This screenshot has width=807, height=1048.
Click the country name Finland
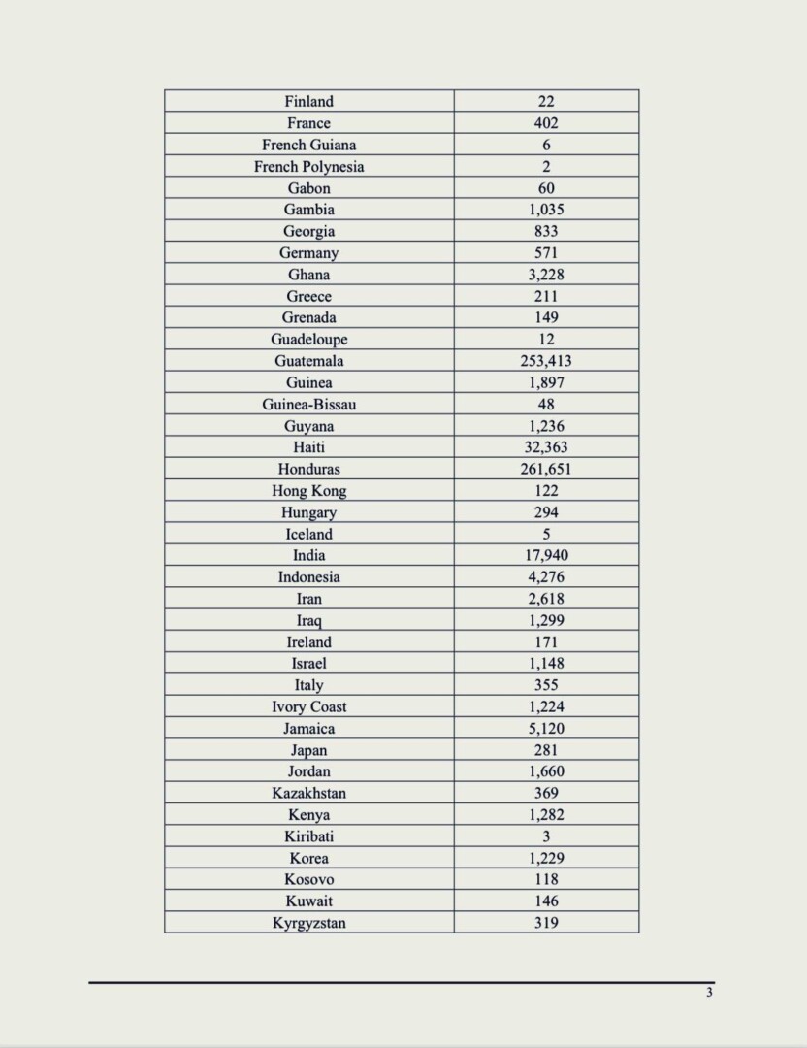[x=308, y=101]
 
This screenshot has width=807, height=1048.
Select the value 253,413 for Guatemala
[x=546, y=361]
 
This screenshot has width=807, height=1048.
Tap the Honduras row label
[x=308, y=469]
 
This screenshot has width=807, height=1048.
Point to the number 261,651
[x=546, y=469]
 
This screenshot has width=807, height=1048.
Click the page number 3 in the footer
[x=709, y=992]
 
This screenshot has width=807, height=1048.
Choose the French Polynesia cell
[x=308, y=166]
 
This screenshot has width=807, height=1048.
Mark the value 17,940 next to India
[x=546, y=555]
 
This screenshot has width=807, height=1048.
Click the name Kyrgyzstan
[x=308, y=923]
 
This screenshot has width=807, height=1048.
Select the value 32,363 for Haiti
[x=546, y=447]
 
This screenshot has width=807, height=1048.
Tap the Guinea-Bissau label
[x=308, y=404]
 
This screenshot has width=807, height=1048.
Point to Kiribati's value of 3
[x=546, y=836]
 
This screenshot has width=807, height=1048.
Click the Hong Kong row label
[x=308, y=491]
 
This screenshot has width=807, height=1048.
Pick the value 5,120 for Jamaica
[x=546, y=729]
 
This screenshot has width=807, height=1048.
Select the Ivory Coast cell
[x=308, y=706]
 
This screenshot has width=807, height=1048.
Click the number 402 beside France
[x=546, y=123]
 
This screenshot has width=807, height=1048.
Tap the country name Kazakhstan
[x=308, y=793]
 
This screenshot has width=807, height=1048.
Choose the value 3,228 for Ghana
[x=546, y=275]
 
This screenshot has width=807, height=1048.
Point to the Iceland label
[x=308, y=534]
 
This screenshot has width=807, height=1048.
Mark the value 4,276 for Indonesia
[x=546, y=577]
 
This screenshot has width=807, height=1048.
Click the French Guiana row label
[x=308, y=145]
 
